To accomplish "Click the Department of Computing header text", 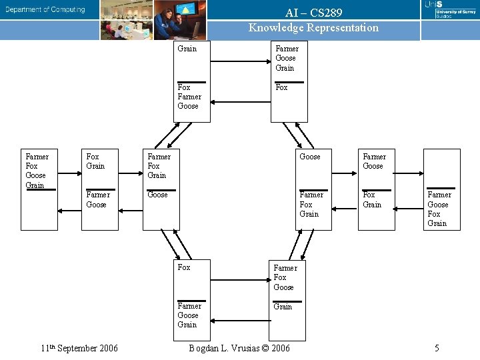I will pos(46,9).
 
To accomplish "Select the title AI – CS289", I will pos(313,13).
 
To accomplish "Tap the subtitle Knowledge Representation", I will pos(313,28).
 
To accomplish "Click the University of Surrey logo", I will pos(449,11).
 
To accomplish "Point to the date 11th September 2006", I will pos(79,348).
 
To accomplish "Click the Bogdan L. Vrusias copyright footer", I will pos(239,348).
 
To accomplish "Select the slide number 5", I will pos(437,348).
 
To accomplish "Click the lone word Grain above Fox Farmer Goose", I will pos(187,49).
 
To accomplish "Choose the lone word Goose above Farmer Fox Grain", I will pos(310,157).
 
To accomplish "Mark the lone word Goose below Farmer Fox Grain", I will pos(158,195).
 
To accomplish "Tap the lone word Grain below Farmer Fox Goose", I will pos(283,307).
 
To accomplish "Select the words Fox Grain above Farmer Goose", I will pos(95,161).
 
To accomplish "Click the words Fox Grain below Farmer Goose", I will pos(372,200).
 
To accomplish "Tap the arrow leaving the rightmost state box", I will pos(409,209).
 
